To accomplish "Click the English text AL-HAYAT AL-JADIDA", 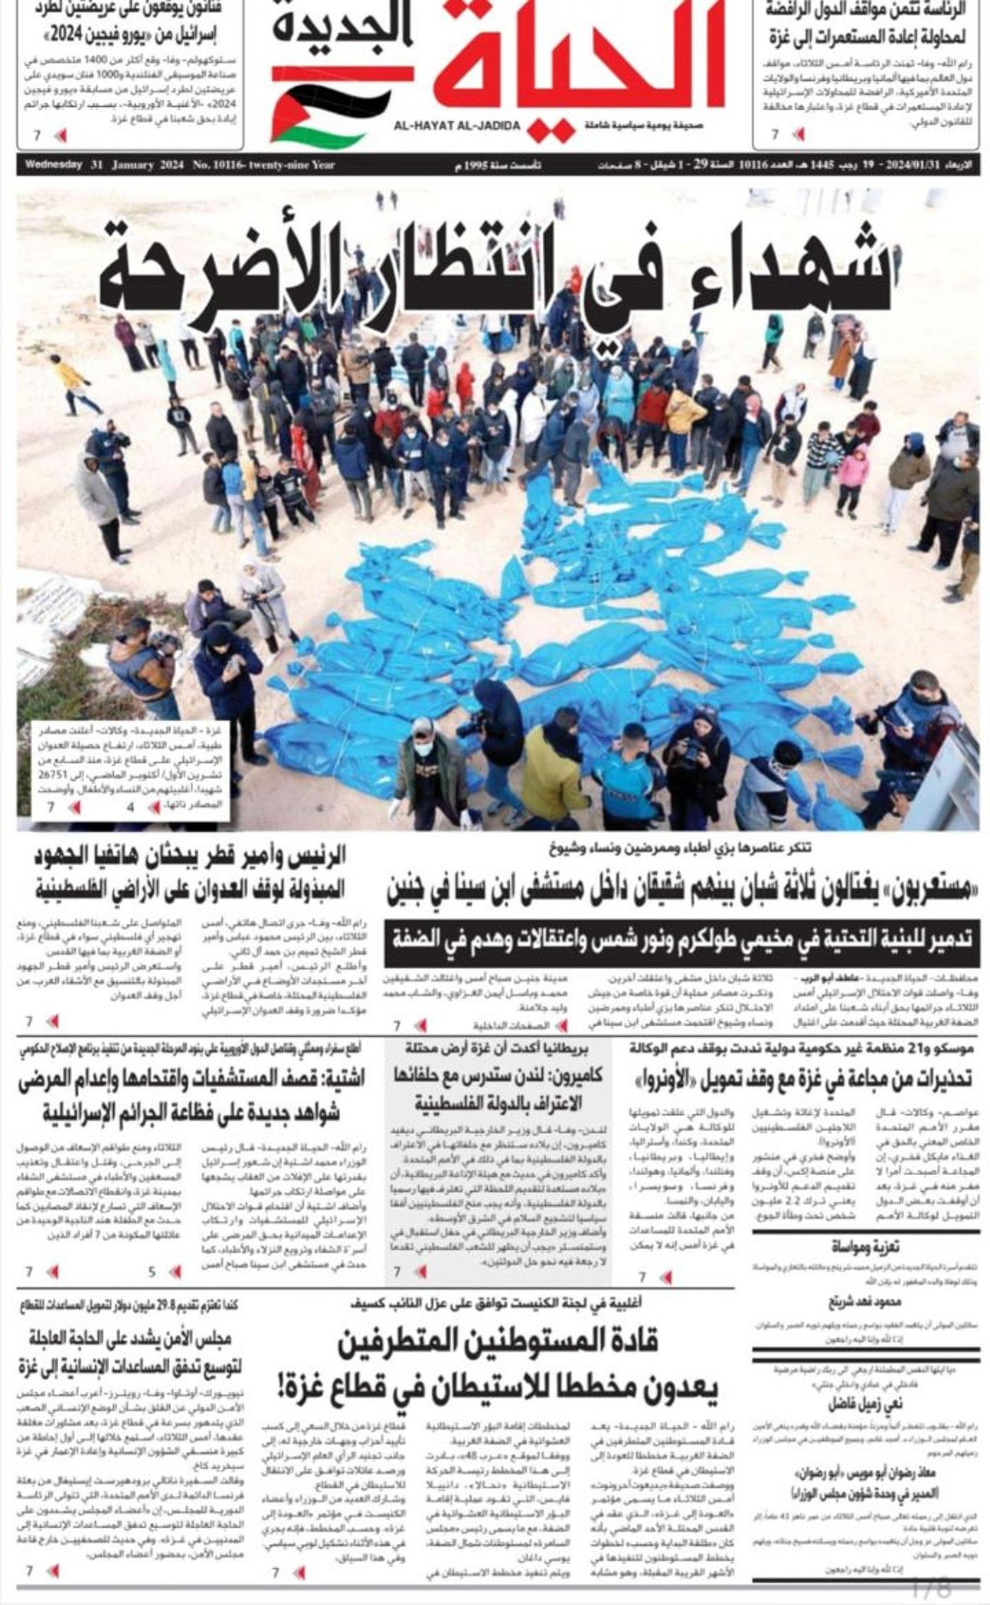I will (x=458, y=126).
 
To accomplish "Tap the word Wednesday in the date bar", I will (x=54, y=166).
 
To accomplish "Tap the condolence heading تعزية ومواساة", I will (x=865, y=1246).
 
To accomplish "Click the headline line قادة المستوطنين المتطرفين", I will (x=498, y=1342).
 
